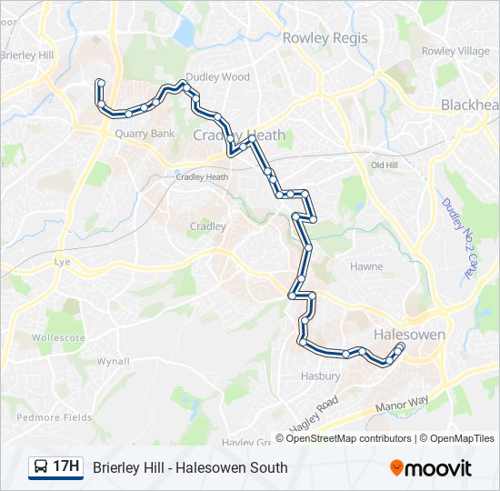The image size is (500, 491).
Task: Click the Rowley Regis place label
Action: point(325,38)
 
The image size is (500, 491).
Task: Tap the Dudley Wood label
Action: point(217,77)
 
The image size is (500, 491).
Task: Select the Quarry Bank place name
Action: point(145,134)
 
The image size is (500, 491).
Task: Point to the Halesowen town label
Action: point(410,335)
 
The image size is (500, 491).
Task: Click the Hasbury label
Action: point(321,376)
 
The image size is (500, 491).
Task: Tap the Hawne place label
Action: point(366,266)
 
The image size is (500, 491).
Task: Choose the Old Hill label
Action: point(385,165)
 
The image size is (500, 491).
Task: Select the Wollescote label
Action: point(58,337)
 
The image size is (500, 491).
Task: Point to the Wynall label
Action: point(114,361)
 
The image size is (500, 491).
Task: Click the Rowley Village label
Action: point(455,51)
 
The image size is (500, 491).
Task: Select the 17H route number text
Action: point(66,467)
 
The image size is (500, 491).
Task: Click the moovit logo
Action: point(431,468)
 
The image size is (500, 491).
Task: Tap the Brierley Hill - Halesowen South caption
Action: point(190,467)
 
